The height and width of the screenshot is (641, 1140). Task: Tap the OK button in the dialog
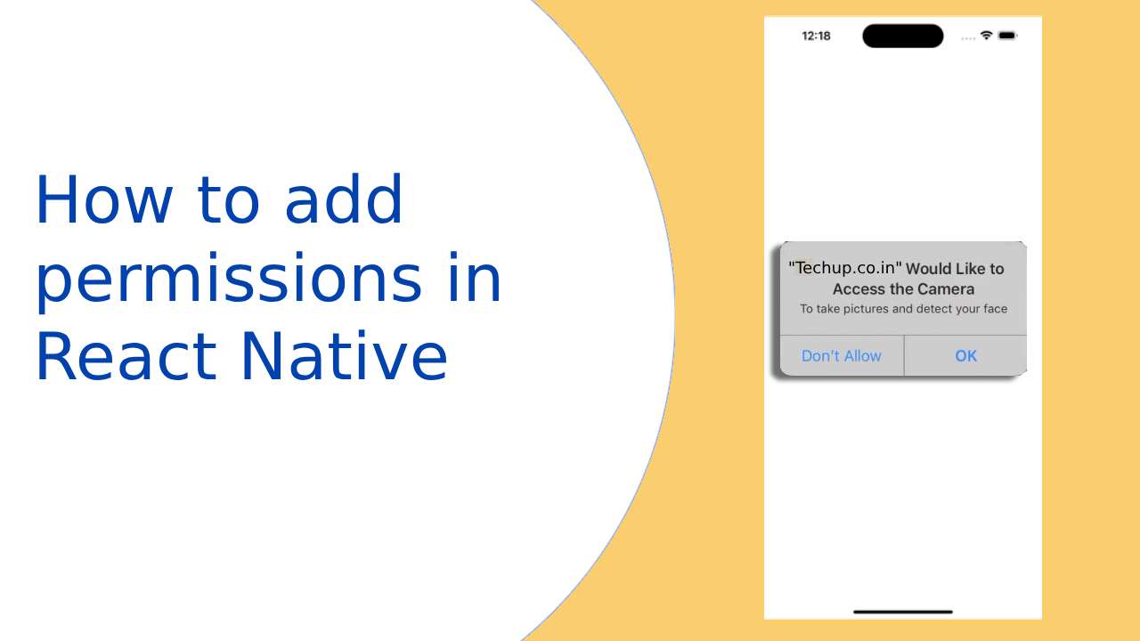(x=965, y=356)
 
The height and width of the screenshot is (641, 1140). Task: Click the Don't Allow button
(x=841, y=356)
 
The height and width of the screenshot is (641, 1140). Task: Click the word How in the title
(x=102, y=201)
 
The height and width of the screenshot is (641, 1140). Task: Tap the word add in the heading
(x=344, y=201)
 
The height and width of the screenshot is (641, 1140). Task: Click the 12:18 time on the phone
(x=816, y=37)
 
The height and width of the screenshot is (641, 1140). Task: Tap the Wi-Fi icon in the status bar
(x=986, y=36)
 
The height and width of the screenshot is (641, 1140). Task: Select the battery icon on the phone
(x=1007, y=36)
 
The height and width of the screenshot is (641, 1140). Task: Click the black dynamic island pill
(x=902, y=37)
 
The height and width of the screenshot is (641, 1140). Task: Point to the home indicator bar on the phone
(x=902, y=612)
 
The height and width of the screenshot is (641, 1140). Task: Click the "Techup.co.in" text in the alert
(x=845, y=268)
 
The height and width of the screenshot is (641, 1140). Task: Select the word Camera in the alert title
(x=946, y=289)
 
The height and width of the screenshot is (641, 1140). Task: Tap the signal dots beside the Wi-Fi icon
(x=968, y=37)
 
